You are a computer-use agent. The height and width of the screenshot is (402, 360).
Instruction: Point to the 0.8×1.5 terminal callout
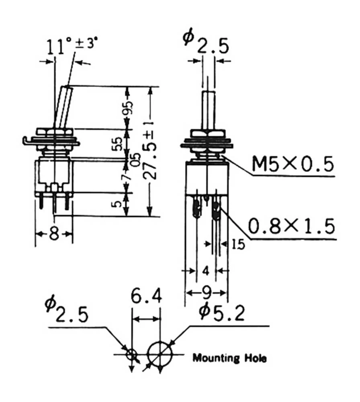[x=291, y=226]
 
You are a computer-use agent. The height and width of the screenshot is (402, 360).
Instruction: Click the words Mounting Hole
[x=229, y=357]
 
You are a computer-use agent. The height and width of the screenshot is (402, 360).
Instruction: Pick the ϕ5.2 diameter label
[x=222, y=313]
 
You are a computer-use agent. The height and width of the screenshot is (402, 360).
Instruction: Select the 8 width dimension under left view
[x=54, y=234]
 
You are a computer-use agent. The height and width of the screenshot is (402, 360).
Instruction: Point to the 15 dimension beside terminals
[x=238, y=244]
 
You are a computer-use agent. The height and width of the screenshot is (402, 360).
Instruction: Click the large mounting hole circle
[x=160, y=354]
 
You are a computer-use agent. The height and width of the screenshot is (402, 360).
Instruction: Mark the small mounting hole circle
[x=131, y=355]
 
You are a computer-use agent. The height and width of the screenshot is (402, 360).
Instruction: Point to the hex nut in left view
[x=54, y=131]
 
